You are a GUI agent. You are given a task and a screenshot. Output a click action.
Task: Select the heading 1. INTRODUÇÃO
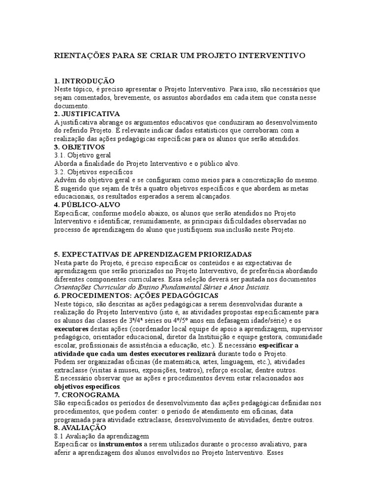pyautogui.click(x=84, y=81)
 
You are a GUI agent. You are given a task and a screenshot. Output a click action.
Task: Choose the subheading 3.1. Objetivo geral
pyautogui.click(x=83, y=155)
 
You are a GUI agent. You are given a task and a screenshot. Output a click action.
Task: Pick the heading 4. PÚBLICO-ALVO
pyautogui.click(x=87, y=205)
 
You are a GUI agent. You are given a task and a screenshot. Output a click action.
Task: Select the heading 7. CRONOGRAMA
pyautogui.click(x=87, y=395)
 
